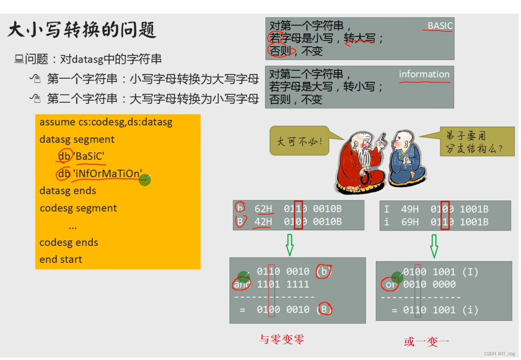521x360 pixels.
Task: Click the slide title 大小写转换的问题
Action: [82, 30]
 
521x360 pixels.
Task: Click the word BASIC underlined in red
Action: [440, 26]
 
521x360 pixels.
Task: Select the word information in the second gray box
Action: [424, 74]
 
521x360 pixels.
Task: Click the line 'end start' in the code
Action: [61, 259]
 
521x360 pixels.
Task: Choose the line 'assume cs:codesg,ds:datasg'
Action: [106, 122]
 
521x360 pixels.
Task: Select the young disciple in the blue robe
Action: [406, 160]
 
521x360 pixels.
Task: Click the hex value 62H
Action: [264, 209]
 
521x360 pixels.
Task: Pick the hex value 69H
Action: [410, 222]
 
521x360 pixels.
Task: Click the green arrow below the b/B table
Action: [289, 245]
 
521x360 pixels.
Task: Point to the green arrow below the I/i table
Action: [434, 246]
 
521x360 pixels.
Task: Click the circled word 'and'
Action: [242, 285]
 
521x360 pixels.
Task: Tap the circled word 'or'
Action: [389, 284]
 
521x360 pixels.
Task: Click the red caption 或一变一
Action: [427, 342]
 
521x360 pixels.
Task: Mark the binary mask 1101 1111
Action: [283, 285]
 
